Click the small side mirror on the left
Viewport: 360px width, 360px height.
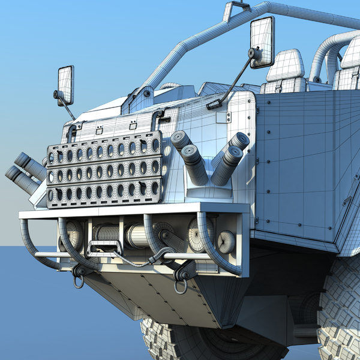[65, 84]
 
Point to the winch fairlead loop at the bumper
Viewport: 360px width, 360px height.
[102, 247]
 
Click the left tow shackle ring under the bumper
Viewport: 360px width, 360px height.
[78, 278]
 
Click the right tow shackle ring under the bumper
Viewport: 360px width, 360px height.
[181, 284]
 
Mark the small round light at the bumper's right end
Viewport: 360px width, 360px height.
[226, 241]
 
